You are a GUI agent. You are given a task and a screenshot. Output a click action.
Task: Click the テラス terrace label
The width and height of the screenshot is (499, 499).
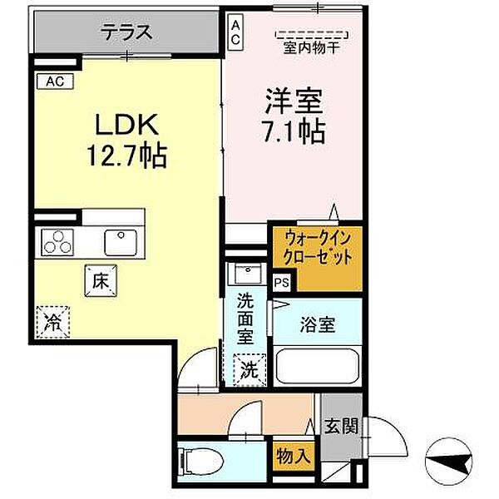click(126, 33)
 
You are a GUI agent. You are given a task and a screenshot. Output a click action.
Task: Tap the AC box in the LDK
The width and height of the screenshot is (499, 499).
click(55, 81)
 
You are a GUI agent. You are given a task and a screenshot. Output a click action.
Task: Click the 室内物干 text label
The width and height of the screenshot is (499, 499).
click(312, 47)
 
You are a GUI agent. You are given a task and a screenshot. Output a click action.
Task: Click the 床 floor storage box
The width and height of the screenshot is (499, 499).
click(98, 281)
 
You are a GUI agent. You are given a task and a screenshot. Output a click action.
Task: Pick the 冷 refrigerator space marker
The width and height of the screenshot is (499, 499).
click(52, 319)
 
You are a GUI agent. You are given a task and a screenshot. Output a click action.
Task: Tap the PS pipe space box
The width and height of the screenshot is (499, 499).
click(282, 282)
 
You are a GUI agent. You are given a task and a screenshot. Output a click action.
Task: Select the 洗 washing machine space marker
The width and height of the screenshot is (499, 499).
click(249, 366)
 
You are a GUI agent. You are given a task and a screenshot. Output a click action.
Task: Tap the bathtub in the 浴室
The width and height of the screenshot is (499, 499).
click(316, 366)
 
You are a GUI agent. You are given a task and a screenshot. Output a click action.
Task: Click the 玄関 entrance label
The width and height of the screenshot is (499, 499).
click(341, 427)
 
